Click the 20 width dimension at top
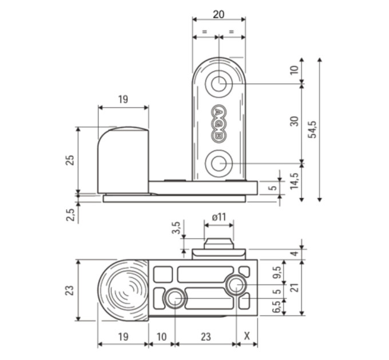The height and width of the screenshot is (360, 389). click(219, 15)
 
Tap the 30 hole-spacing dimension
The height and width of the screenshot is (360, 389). click(295, 121)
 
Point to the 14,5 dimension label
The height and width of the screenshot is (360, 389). click(295, 181)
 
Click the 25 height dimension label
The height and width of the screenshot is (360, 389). click(70, 160)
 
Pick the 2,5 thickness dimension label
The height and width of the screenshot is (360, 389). click(70, 214)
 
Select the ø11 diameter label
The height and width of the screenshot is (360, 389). click(219, 217)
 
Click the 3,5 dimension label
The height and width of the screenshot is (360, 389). click(176, 228)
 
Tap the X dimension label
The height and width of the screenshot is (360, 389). click(247, 336)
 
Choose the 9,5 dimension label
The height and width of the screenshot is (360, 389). click(279, 273)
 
